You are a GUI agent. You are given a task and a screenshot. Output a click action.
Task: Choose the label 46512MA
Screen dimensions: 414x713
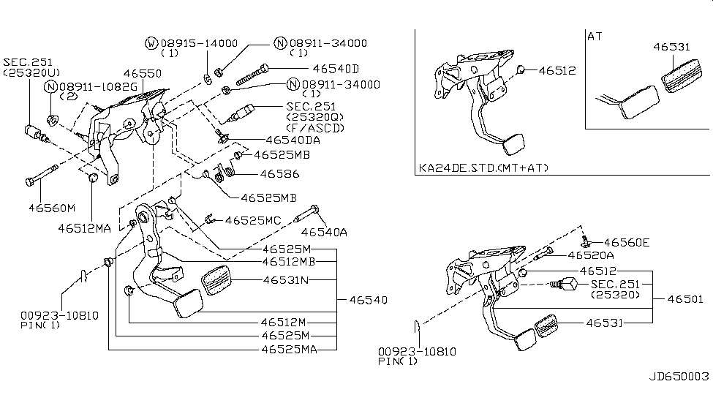click(x=84, y=228)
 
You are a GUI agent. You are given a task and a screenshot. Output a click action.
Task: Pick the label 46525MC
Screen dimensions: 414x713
click(x=253, y=219)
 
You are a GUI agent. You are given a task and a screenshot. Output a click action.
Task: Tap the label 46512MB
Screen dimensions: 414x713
click(x=290, y=261)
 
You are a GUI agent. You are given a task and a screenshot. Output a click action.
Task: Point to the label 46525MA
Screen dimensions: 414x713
click(x=290, y=349)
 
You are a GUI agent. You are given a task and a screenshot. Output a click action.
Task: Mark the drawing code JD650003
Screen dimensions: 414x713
click(x=679, y=377)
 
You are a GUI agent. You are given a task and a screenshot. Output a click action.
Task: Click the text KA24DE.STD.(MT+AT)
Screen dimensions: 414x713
click(x=483, y=168)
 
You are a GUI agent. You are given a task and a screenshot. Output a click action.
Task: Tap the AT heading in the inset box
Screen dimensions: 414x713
click(x=596, y=35)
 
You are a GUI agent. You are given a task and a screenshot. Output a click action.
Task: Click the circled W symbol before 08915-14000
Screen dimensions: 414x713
click(x=151, y=44)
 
